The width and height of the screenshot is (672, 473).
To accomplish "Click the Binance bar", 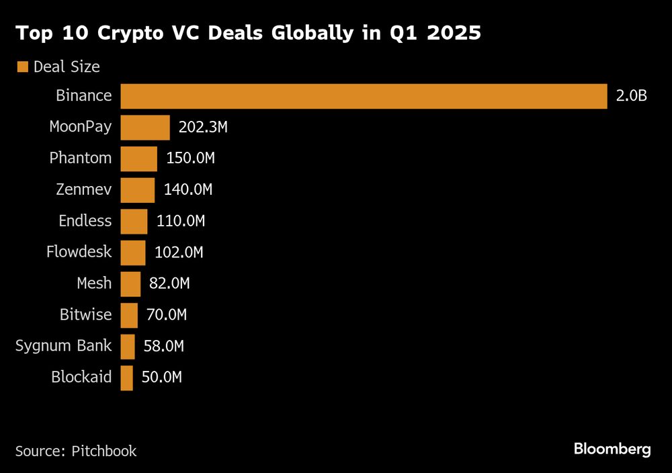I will click(x=364, y=96).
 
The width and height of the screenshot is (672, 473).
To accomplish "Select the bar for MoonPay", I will click(x=145, y=127).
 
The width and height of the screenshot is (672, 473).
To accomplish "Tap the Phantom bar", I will click(x=139, y=159).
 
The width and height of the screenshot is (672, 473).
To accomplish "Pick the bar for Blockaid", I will click(x=127, y=378).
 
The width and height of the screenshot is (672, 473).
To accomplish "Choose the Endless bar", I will click(x=134, y=221).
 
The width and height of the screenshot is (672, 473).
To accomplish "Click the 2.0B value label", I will click(x=631, y=96).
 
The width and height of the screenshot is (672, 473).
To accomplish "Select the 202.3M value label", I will click(x=203, y=127).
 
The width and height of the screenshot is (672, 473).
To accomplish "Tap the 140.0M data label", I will click(x=188, y=190).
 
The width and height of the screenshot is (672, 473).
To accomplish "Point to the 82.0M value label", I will click(x=169, y=284).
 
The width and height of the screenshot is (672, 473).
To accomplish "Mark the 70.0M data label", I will click(x=167, y=315).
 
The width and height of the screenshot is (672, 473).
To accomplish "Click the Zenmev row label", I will click(x=84, y=190).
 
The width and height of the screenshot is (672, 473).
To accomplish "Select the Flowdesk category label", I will click(x=79, y=253).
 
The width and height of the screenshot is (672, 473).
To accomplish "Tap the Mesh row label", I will click(x=94, y=284).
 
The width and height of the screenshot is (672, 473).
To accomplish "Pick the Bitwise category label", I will click(x=87, y=315).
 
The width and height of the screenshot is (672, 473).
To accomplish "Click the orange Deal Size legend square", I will click(x=23, y=67).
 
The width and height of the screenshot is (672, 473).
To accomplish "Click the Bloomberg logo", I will click(x=612, y=449).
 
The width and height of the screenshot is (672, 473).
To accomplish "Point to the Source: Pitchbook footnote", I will click(x=76, y=451).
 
